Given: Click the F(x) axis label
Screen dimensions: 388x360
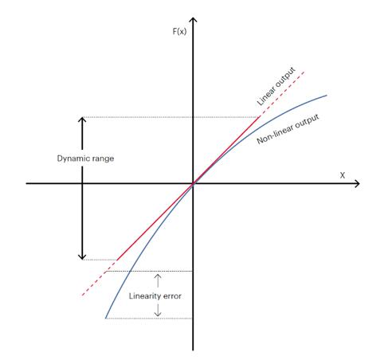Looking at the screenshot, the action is (179, 31).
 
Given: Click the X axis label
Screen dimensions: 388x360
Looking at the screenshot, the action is (343, 175).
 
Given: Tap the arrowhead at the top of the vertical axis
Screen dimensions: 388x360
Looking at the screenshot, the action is (194, 20).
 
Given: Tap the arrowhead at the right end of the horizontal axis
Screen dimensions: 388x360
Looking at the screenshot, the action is (357, 183).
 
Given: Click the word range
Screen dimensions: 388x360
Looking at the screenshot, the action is (103, 158).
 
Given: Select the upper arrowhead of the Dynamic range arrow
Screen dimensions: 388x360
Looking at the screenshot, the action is (82, 119).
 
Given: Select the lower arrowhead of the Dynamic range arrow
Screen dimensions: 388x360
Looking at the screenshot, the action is (82, 256).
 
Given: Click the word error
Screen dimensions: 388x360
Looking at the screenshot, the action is (172, 296).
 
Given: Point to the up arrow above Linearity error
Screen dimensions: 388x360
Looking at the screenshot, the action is (158, 280).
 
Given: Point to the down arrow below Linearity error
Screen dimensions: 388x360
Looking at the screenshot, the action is (158, 311).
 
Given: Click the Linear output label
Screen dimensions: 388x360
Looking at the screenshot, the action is (276, 87).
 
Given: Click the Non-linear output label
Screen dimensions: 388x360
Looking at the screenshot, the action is (288, 129).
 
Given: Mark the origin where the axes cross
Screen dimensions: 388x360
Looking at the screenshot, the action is (193, 183).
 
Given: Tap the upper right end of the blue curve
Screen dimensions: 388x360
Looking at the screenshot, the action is (327, 96).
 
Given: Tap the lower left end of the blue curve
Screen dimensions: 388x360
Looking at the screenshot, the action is (106, 318).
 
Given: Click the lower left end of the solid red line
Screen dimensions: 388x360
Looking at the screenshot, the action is (117, 260).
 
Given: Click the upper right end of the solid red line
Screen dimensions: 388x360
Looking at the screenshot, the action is (259, 117).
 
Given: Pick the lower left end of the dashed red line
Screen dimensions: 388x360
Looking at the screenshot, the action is (82, 295).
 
